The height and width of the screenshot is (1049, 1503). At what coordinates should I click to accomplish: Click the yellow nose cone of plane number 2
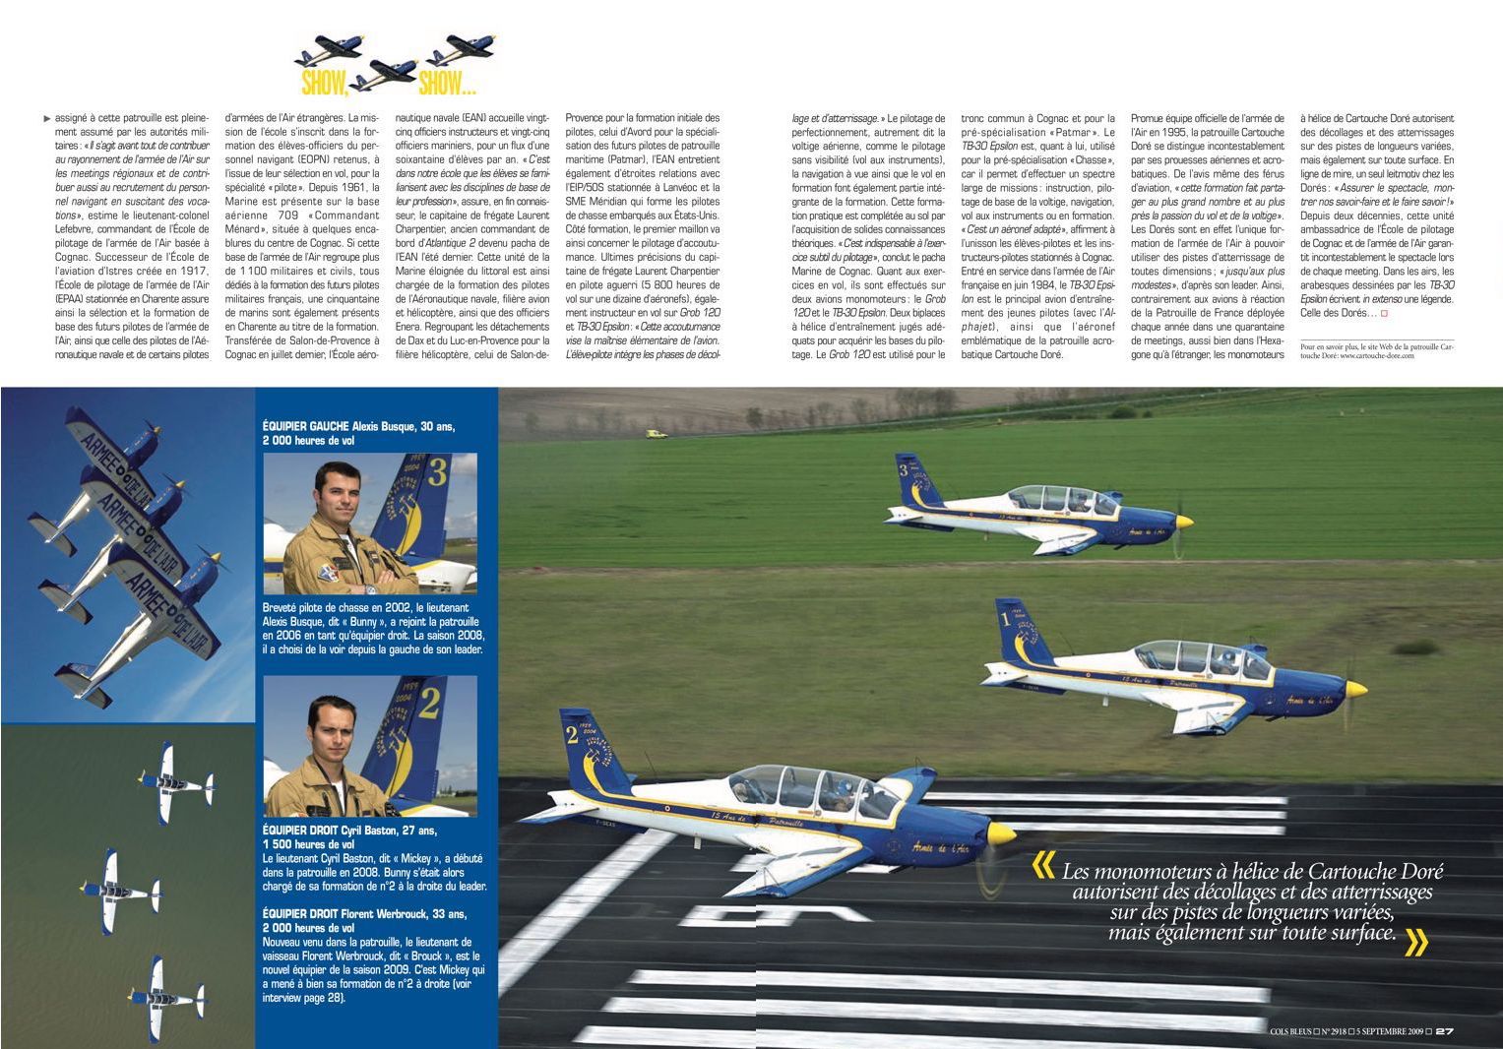[1000, 833]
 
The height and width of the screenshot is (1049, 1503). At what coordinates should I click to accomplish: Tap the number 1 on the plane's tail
[1005, 619]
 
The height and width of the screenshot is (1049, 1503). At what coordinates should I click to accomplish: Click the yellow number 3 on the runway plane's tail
[903, 470]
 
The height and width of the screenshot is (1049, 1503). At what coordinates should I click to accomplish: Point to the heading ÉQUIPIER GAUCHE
[305, 426]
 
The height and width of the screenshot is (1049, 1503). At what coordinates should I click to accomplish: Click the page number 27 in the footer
[1444, 1031]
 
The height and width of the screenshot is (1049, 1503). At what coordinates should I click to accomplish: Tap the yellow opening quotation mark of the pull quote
[1041, 867]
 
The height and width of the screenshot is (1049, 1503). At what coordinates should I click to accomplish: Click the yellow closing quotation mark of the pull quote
[1414, 943]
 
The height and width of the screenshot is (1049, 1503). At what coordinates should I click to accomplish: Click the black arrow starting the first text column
[47, 119]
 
